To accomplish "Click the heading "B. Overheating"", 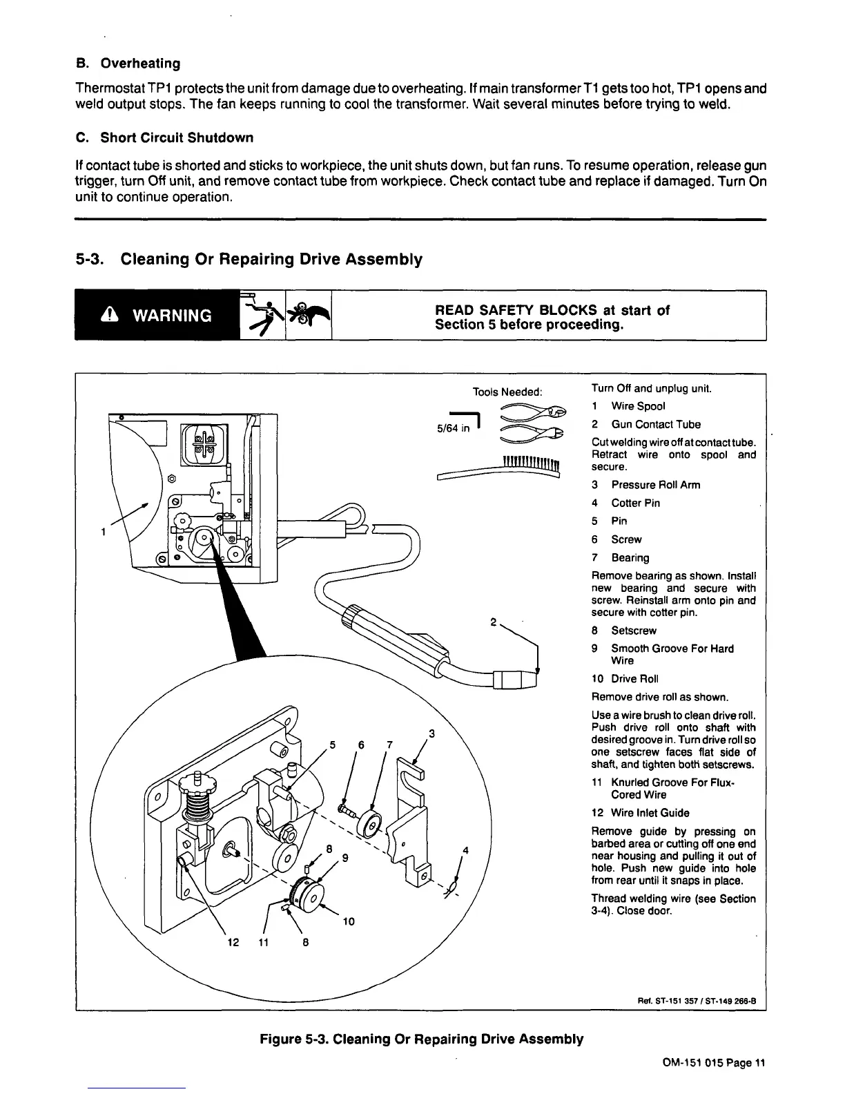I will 128,64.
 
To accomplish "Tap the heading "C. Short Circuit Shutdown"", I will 164,137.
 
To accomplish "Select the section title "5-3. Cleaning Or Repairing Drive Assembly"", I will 249,260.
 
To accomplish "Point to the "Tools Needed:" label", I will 507,392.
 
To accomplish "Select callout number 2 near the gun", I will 494,622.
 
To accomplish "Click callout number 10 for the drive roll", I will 348,921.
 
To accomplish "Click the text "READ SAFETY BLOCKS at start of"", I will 552,310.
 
